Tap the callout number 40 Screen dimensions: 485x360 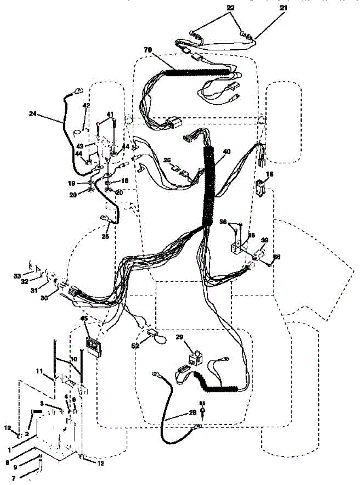tap(227, 152)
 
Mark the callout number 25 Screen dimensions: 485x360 tap(105, 236)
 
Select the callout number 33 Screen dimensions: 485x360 tap(17, 276)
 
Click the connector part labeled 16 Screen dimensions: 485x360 tap(259, 187)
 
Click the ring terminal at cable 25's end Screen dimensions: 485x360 tap(106, 219)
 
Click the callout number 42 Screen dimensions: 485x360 tap(86, 105)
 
